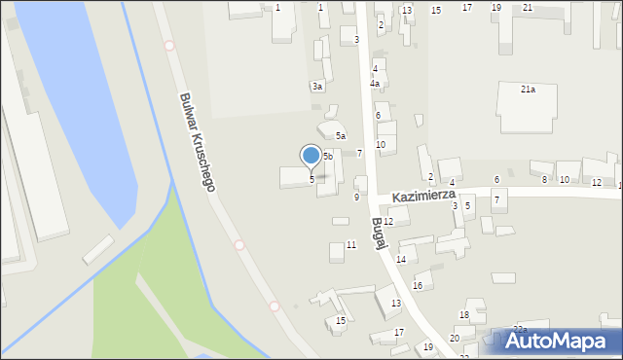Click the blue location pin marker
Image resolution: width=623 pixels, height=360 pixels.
click(311, 156)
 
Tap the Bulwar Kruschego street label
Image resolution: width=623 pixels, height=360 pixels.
click(197, 141)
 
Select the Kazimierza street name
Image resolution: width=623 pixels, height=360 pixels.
click(425, 196)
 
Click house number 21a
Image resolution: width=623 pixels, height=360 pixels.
click(528, 90)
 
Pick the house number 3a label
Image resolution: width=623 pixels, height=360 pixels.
click(317, 87)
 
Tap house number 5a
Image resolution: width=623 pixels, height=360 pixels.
click(341, 136)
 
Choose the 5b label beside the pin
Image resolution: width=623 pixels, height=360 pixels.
click(328, 156)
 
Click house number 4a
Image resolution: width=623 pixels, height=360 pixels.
click(375, 84)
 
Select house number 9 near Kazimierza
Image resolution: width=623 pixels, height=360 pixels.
click(356, 197)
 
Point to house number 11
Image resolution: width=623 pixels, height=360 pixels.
click(350, 244)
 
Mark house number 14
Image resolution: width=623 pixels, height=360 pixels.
click(401, 259)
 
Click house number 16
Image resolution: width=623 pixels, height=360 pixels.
click(418, 285)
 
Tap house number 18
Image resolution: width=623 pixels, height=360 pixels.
click(464, 315)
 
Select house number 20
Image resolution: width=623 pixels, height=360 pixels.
click(455, 338)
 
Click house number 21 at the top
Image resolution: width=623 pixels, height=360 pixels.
click(528, 8)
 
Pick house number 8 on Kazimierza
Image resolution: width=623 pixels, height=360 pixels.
click(545, 180)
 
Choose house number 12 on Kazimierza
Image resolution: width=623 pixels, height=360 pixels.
click(596, 183)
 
